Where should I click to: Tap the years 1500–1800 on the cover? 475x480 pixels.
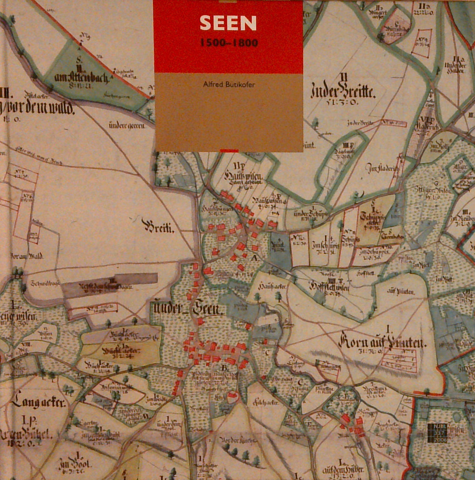(x=229, y=43)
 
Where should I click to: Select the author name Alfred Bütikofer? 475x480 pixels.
(x=229, y=84)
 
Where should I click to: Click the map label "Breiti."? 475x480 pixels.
(x=159, y=226)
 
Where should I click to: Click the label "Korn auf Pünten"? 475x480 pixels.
(x=382, y=342)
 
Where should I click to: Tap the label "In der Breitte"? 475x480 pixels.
(x=343, y=92)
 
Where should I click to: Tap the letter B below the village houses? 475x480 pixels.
(x=224, y=368)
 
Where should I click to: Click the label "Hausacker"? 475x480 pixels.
(x=273, y=287)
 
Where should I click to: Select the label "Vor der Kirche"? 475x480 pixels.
(x=238, y=440)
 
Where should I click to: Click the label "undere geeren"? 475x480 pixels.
(x=127, y=126)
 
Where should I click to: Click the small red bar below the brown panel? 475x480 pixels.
(x=229, y=150)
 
